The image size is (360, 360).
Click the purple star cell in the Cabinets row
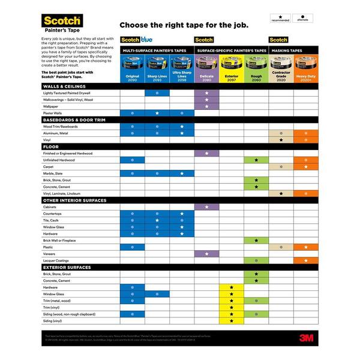[206, 207]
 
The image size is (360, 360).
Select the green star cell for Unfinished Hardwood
[256, 160]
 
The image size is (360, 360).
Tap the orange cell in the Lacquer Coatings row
[305, 260]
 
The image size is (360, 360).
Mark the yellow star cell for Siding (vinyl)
[231, 321]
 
